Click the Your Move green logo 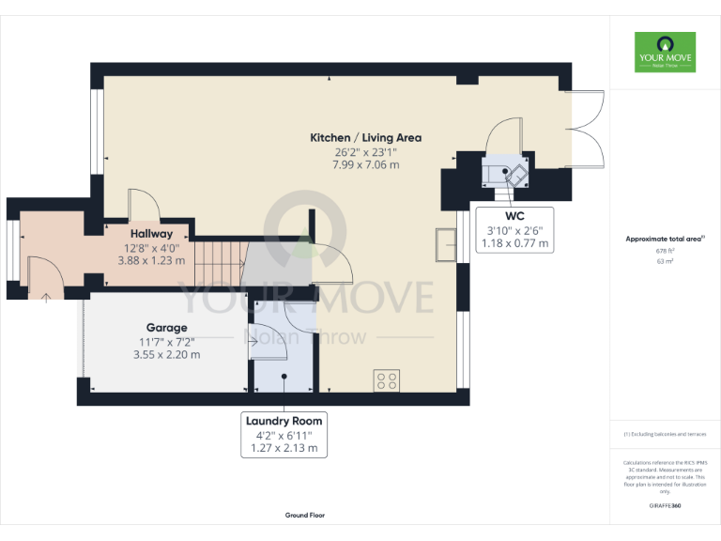coord(665,53)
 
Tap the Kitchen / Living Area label coord(366,138)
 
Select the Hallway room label coord(151,234)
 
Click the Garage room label coord(166,328)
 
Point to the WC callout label coord(514,216)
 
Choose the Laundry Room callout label coord(284,421)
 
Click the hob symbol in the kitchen coord(386,380)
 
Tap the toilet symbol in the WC coord(513,173)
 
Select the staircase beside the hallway coord(218,262)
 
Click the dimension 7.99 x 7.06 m coord(366,164)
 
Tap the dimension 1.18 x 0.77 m coord(514,243)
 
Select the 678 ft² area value coord(665,252)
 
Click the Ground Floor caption coord(305,516)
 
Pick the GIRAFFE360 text coord(665,506)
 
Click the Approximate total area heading coord(665,240)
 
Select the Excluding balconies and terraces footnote coord(665,435)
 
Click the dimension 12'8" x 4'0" coord(151,248)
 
